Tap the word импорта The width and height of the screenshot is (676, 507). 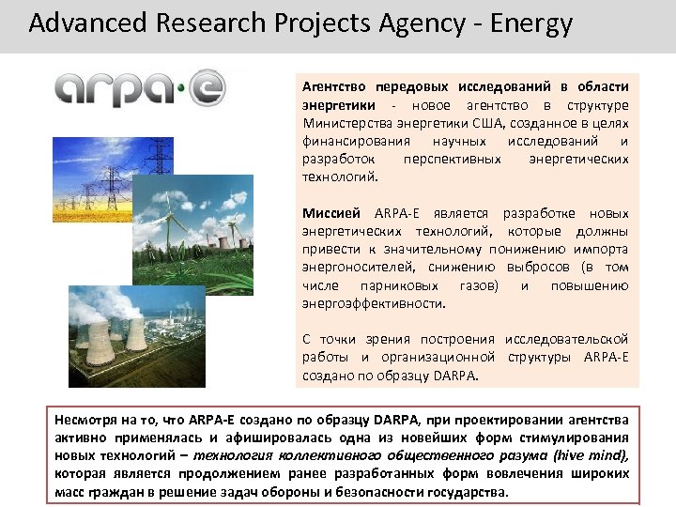[x=605, y=250]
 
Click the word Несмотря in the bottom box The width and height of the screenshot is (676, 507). [x=84, y=419]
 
